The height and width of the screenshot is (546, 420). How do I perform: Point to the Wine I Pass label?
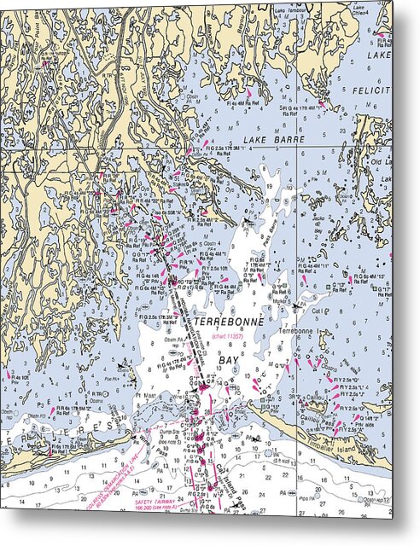181,397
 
